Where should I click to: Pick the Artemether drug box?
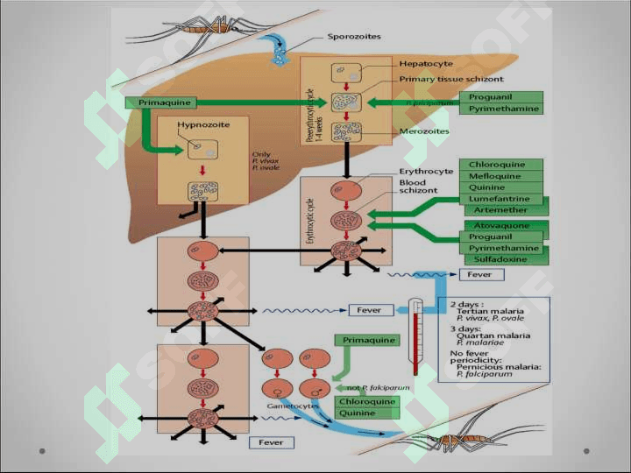501,210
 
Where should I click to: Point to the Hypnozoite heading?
203,124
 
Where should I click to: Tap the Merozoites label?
425,131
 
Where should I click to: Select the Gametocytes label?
294,406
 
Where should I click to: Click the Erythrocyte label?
427,171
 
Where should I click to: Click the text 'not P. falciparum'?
367,387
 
